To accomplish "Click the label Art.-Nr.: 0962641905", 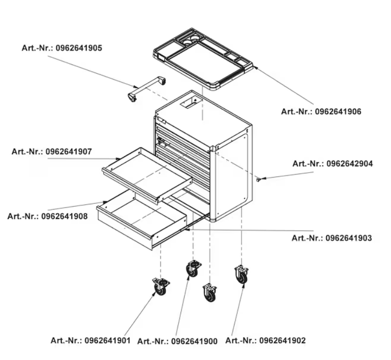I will pos(62,48).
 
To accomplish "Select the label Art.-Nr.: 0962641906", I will pos(321,112).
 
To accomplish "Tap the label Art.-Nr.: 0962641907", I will pos(52,151).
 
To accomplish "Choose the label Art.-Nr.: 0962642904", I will pos(333,164).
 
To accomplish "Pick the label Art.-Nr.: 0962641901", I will pos(91,340).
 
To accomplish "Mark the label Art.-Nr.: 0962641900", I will pos(177,341).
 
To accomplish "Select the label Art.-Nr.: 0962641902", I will pos(265,340).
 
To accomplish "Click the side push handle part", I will pos(146,88).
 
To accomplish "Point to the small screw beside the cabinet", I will pos(260,180).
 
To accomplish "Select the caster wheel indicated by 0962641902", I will pos(242,274).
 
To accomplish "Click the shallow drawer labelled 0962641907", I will pos(147,175).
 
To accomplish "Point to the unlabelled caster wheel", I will pos(210,292).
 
